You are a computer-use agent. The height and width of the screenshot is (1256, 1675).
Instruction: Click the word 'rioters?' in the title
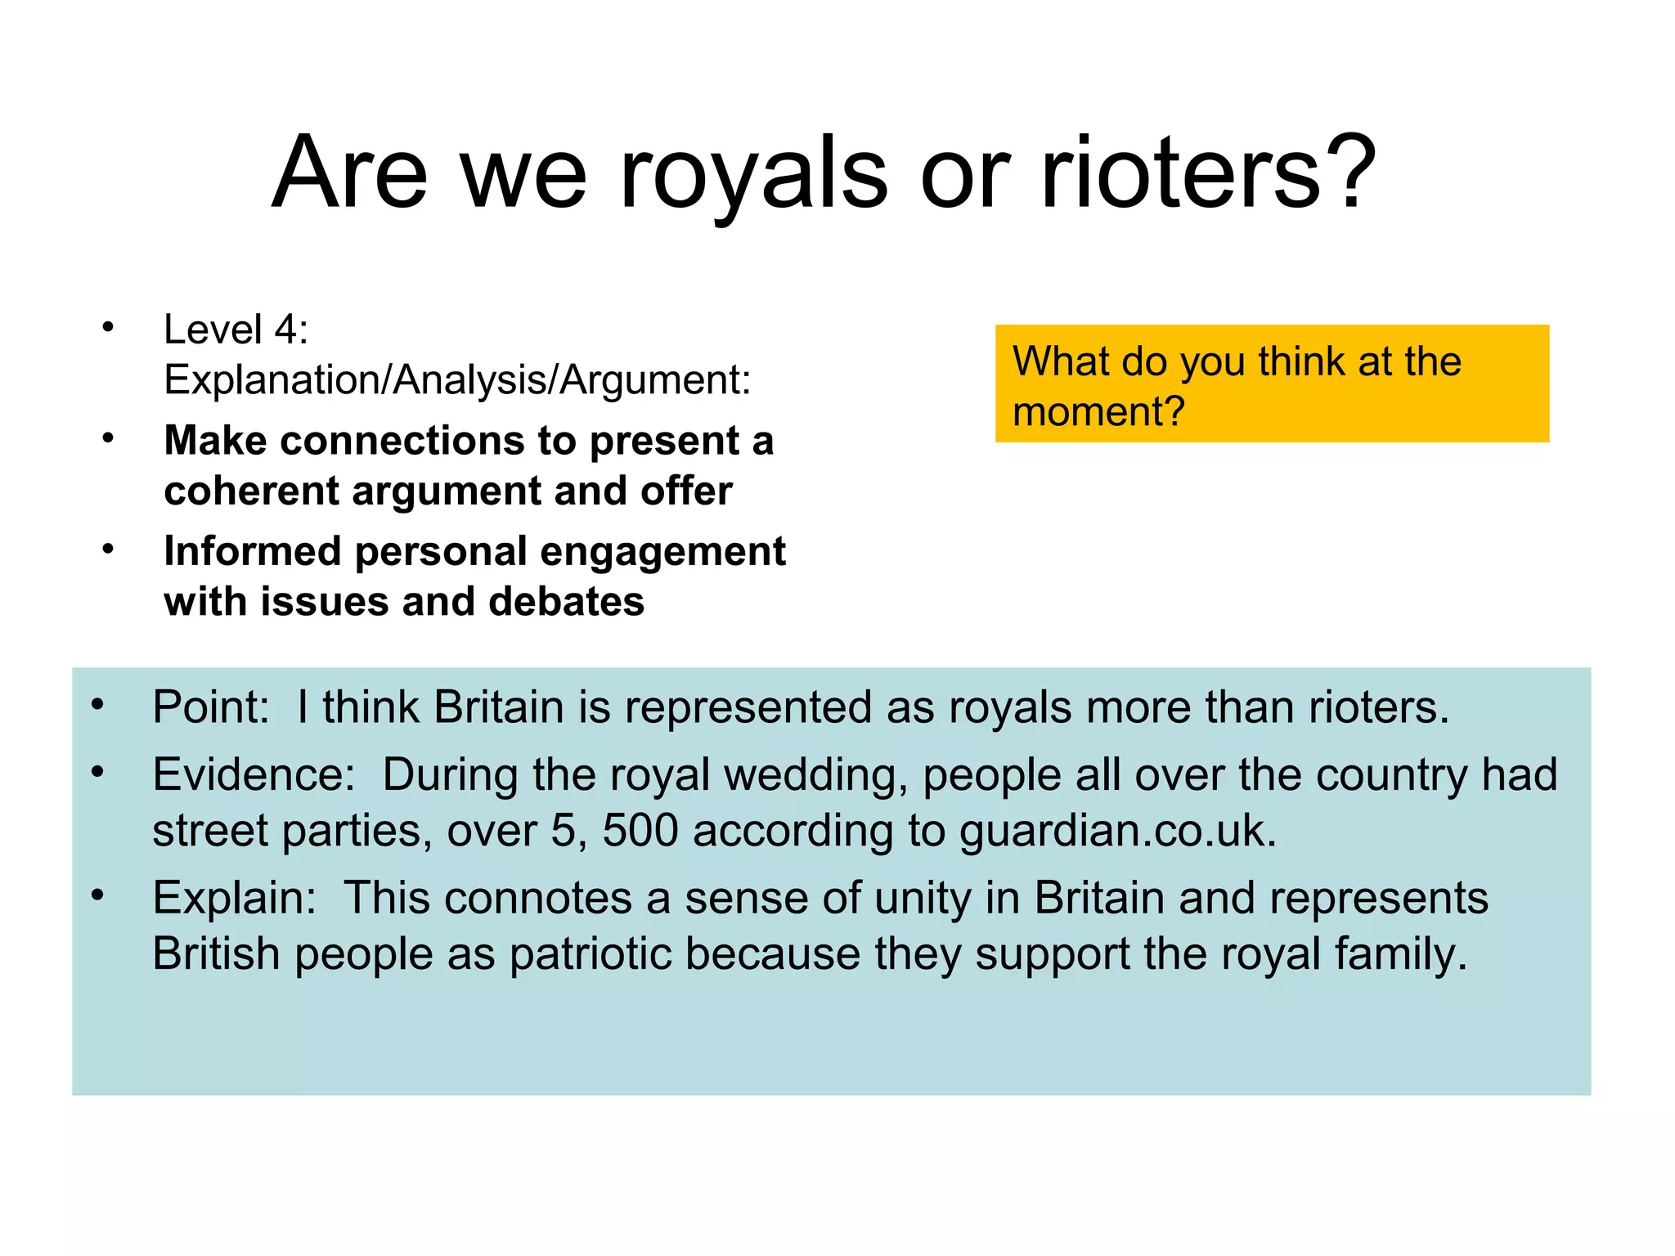click(x=1209, y=173)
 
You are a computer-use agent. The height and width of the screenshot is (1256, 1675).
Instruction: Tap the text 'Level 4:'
click(x=236, y=330)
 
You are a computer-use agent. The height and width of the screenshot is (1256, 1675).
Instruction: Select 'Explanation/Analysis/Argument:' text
click(x=457, y=380)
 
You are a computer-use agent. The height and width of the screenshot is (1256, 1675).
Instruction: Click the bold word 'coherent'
click(x=251, y=491)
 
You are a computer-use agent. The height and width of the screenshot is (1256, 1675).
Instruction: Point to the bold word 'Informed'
click(x=252, y=551)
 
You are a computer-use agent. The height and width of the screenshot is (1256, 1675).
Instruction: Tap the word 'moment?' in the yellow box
click(x=1098, y=411)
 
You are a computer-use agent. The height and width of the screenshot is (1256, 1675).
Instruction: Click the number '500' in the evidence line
click(x=640, y=831)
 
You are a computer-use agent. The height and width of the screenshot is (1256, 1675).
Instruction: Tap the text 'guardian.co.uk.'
click(x=1117, y=831)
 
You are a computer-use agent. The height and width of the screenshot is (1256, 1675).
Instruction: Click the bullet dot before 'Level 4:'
click(x=107, y=328)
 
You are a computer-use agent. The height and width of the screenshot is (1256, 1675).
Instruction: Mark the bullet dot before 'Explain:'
click(x=97, y=895)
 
